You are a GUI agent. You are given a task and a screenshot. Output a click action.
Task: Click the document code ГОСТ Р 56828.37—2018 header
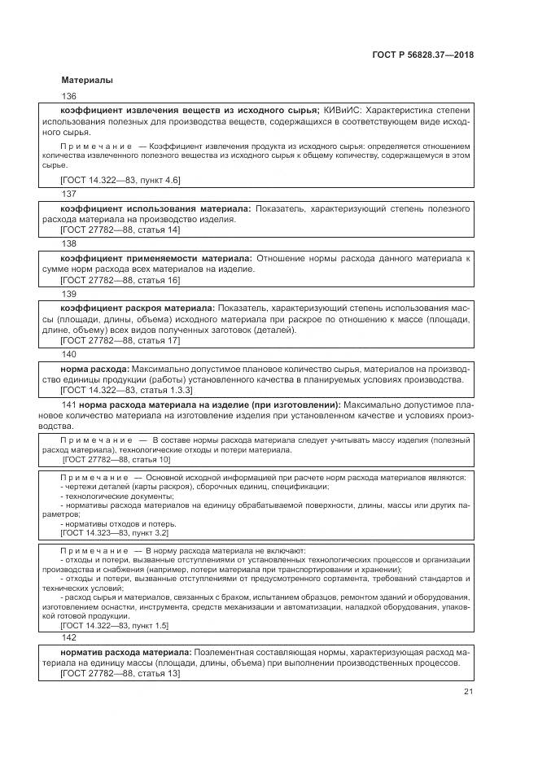tap(422, 55)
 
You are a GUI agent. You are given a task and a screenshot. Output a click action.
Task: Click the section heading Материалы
tap(87, 81)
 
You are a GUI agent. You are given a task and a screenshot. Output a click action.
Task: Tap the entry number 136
tap(68, 96)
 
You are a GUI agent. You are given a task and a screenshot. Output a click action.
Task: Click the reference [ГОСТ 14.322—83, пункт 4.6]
tap(120, 179)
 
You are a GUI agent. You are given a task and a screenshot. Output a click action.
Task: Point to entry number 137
tap(68, 194)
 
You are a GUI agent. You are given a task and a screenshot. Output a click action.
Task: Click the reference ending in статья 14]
tap(120, 231)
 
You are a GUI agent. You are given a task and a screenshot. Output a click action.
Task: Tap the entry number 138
tap(68, 243)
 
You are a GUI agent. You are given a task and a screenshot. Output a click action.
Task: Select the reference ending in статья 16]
tap(120, 281)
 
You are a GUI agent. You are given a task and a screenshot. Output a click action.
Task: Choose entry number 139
tap(68, 294)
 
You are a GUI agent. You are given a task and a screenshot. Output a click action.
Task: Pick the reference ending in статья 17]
tap(120, 340)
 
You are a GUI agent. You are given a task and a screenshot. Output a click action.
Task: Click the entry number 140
tap(68, 354)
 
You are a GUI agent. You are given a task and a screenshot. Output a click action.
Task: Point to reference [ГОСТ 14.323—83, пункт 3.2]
tap(114, 532)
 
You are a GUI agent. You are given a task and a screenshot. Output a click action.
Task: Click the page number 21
tap(469, 692)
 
